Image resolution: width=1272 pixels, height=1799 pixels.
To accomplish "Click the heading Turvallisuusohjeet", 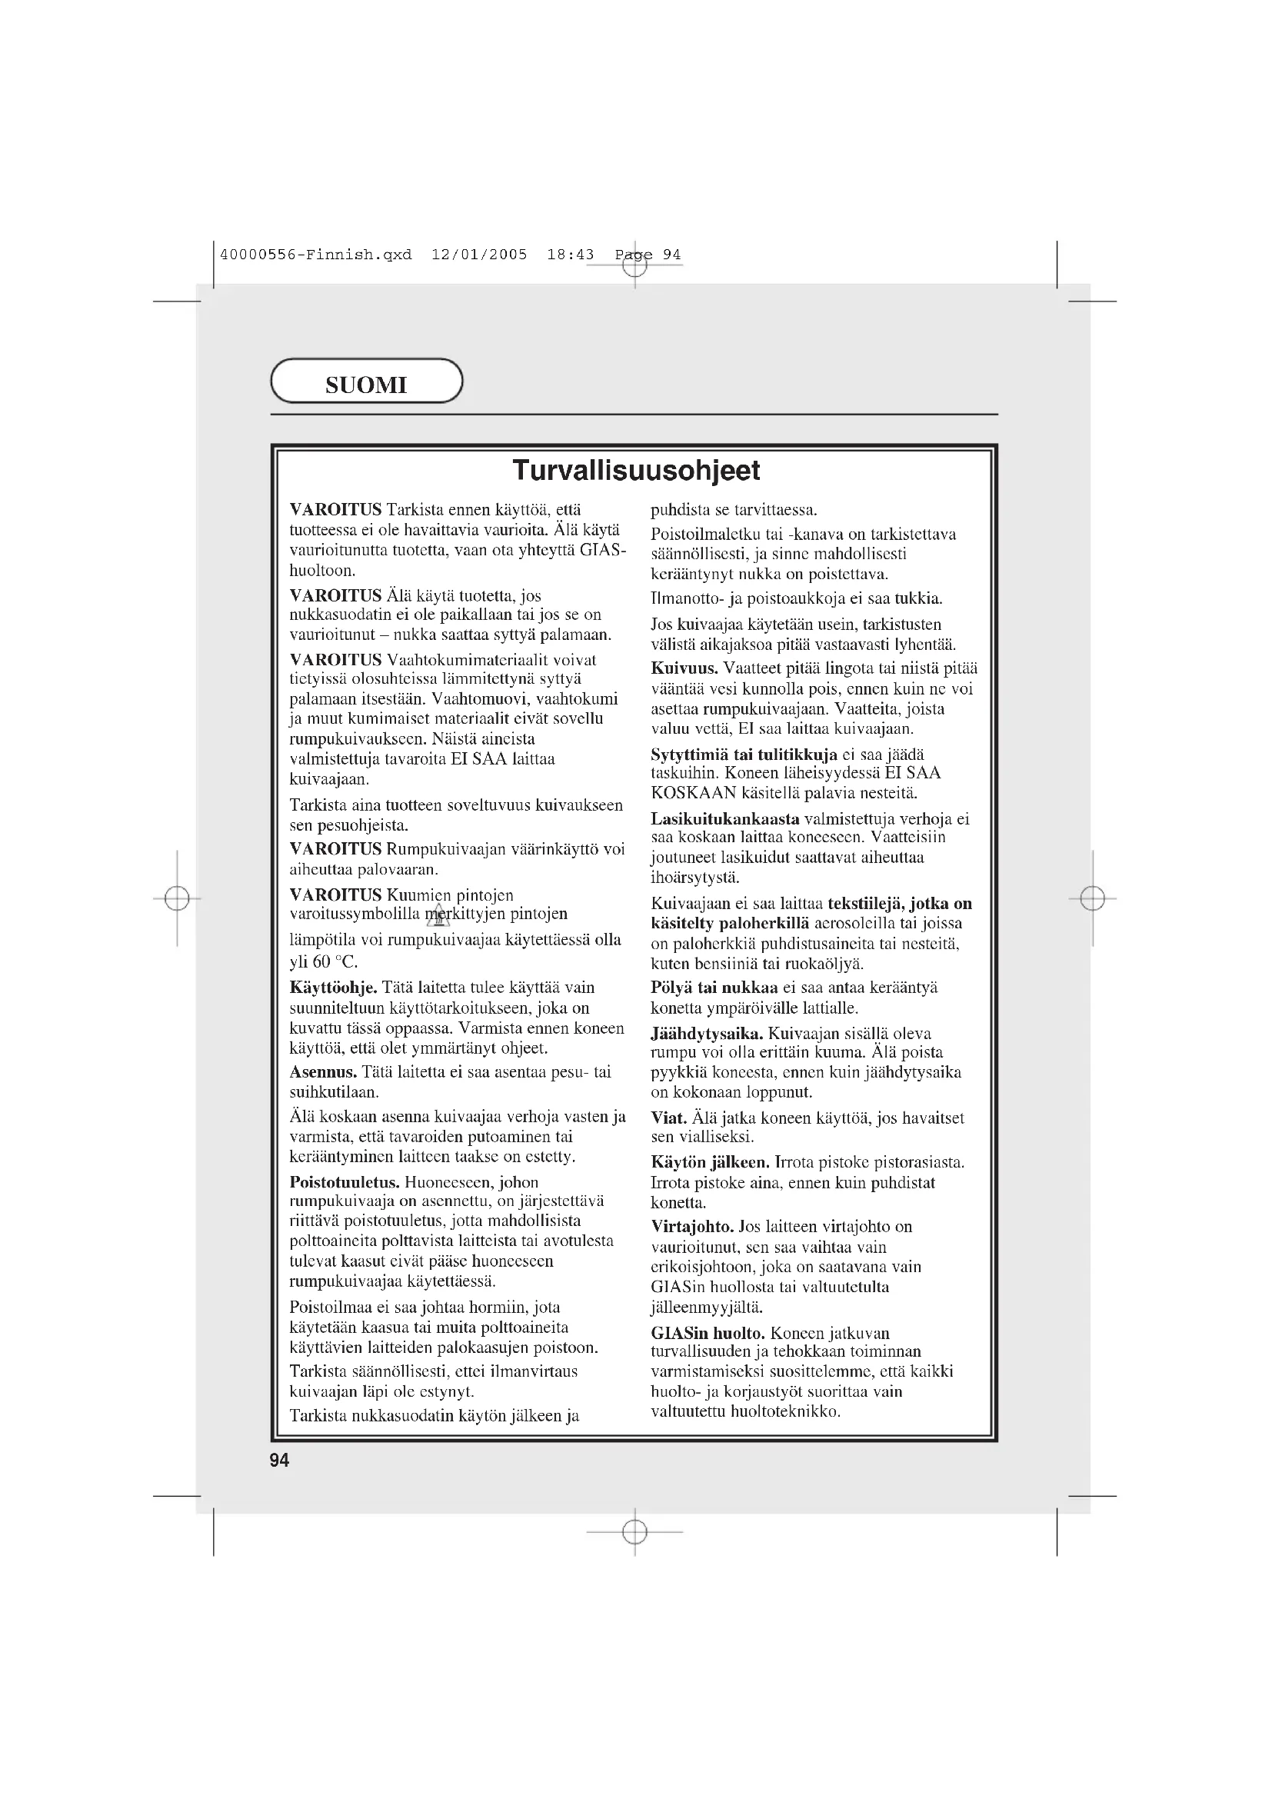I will [635, 470].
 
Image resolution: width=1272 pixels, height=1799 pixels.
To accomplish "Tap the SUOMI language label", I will [366, 385].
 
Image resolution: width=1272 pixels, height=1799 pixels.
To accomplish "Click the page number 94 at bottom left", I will [280, 1460].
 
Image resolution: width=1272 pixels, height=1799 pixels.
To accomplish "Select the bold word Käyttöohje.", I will [334, 988].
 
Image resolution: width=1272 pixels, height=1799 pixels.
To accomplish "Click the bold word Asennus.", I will [323, 1072].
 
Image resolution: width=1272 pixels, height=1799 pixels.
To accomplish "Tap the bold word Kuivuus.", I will [684, 668].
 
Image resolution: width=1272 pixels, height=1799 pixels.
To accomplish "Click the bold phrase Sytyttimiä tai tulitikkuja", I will [744, 755].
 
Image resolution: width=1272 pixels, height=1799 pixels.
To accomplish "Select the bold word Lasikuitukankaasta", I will [725, 819].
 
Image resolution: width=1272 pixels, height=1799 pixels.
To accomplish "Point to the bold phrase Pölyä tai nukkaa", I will [714, 988].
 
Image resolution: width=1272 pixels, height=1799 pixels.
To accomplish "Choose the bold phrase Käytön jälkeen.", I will [711, 1162].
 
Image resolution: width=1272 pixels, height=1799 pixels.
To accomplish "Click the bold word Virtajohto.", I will [692, 1226].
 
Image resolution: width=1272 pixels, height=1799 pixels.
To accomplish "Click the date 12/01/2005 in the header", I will [479, 255].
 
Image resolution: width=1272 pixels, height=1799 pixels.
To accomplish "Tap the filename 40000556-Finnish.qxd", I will [315, 255].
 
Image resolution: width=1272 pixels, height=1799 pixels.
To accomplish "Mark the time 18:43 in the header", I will [570, 255].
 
